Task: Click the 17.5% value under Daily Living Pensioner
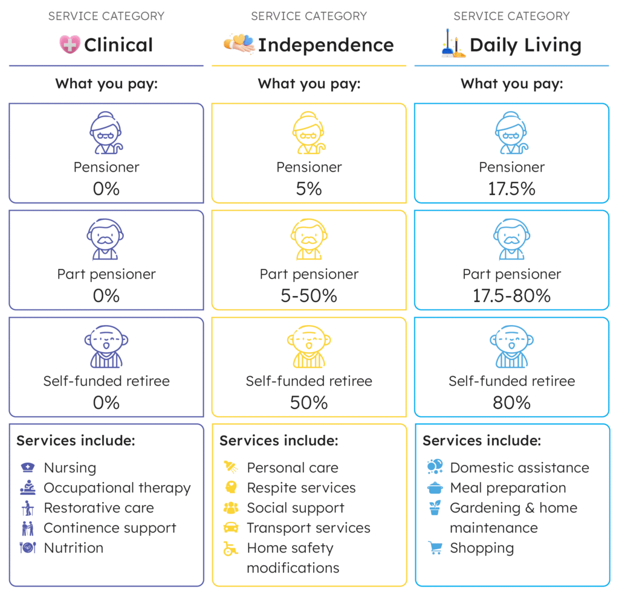pos(511,189)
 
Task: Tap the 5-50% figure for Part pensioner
pos(309,296)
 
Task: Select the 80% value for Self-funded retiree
pos(511,403)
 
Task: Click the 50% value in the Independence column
pos(309,403)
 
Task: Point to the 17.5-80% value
pos(511,296)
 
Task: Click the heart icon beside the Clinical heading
pos(70,45)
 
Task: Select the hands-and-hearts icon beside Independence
pos(239,44)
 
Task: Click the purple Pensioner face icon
pos(106,133)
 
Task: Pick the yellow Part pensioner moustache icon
pos(309,239)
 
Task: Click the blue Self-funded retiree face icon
pos(511,347)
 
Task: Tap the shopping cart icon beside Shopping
pos(435,548)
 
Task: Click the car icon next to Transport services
pos(231,528)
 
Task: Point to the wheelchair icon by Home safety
pos(230,548)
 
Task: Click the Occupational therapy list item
pos(117,487)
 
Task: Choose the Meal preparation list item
pos(508,487)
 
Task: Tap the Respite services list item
pos(301,487)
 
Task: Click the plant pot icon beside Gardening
pos(435,508)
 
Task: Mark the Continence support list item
pos(110,528)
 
